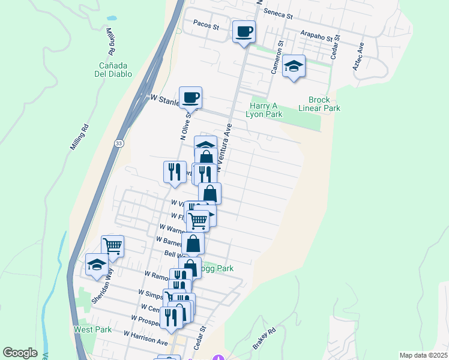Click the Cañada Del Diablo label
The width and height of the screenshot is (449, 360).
116,69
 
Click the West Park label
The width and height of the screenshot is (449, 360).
92,329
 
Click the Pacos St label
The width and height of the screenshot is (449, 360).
207,26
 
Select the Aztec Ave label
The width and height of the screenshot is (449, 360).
359,56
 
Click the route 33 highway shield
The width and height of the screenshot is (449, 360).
119,144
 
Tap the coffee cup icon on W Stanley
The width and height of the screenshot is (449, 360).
190,97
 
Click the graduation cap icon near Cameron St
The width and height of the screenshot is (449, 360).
294,65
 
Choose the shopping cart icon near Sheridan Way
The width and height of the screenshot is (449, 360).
112,245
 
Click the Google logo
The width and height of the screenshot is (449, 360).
20,353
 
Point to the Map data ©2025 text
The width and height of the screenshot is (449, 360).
423,355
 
